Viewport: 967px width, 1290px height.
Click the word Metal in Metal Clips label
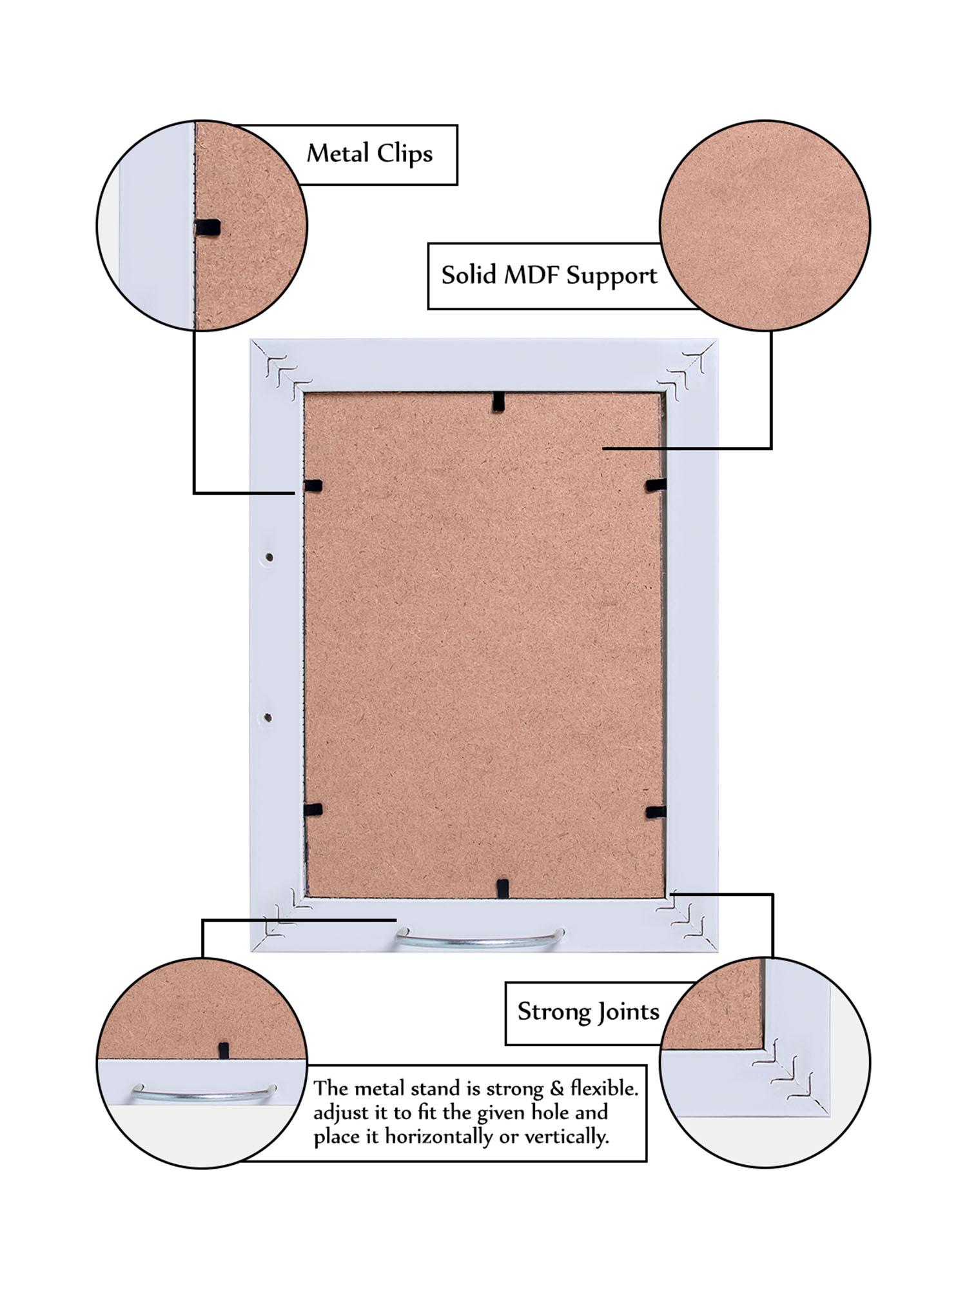(x=338, y=154)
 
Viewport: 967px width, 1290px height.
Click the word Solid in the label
(x=469, y=275)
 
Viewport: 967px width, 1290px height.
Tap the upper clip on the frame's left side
(x=313, y=486)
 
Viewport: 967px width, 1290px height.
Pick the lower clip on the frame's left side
(x=313, y=809)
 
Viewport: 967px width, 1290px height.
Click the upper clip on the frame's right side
(x=656, y=484)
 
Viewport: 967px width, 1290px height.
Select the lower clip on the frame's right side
(x=655, y=811)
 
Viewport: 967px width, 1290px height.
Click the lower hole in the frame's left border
(x=269, y=717)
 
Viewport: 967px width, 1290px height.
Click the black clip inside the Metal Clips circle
(x=208, y=227)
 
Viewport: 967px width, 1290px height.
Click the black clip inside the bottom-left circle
(x=224, y=1049)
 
